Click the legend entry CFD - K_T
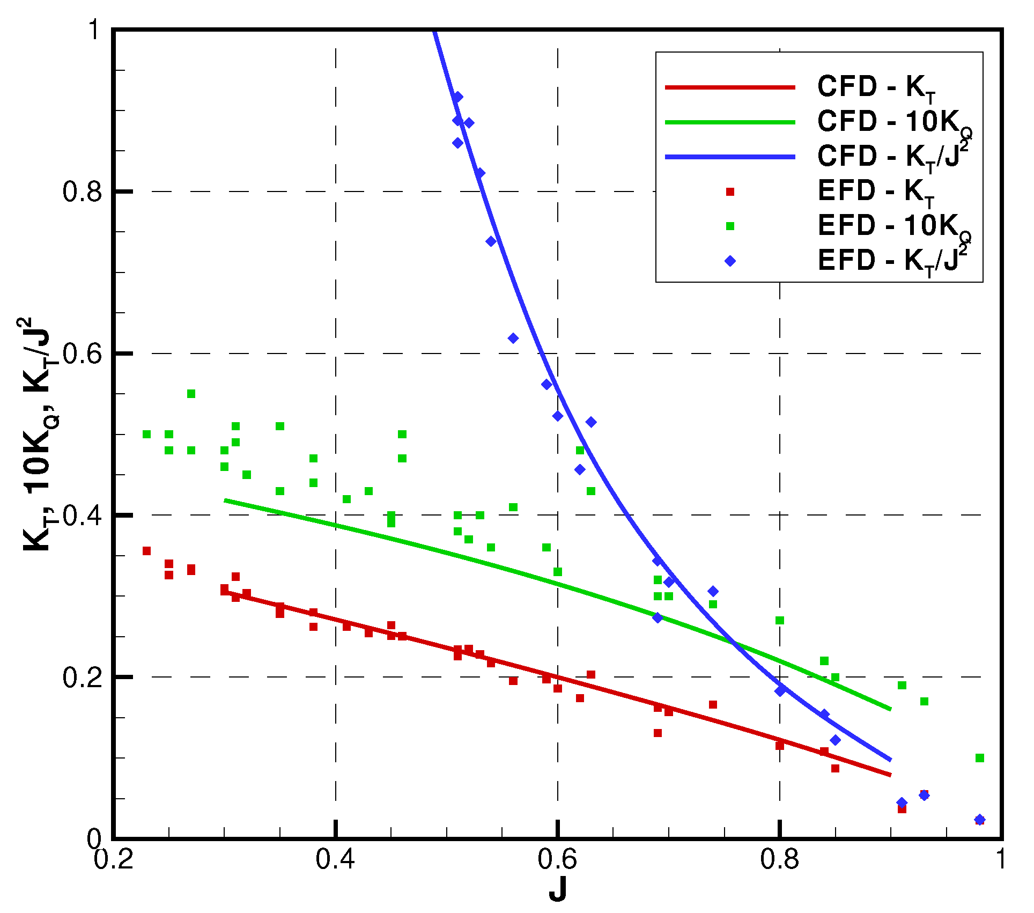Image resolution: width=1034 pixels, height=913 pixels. pyautogui.click(x=876, y=87)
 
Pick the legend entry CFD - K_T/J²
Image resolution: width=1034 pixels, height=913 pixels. pyautogui.click(x=893, y=156)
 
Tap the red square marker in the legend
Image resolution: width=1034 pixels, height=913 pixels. pyautogui.click(x=730, y=192)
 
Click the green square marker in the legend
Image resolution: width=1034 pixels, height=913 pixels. pyautogui.click(x=730, y=226)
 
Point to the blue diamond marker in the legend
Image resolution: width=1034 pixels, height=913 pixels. pyautogui.click(x=730, y=261)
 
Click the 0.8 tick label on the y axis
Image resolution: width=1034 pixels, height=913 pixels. pyautogui.click(x=82, y=192)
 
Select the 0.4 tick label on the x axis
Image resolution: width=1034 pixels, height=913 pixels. pyautogui.click(x=335, y=859)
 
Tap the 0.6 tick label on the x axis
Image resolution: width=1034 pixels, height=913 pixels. pyautogui.click(x=557, y=859)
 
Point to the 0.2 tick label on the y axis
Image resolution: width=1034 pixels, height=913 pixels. pyautogui.click(x=82, y=678)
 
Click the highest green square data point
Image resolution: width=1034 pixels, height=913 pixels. pyautogui.click(x=191, y=394)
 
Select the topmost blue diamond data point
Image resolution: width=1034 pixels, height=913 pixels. pyautogui.click(x=457, y=97)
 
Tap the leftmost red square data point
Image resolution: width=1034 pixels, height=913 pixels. pyautogui.click(x=146, y=551)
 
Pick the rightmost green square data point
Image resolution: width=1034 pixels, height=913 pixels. pyautogui.click(x=980, y=758)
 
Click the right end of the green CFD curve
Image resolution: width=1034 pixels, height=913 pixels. pyautogui.click(x=890, y=709)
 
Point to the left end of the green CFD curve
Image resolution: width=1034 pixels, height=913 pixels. pyautogui.click(x=225, y=500)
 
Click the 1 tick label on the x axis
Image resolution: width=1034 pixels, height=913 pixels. pyautogui.click(x=1001, y=859)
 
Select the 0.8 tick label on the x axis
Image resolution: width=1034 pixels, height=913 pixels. pyautogui.click(x=779, y=859)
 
